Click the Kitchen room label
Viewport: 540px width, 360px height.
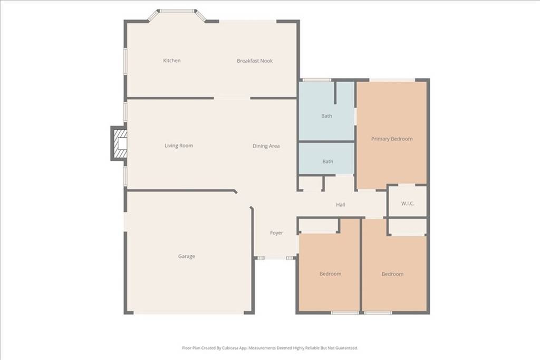[171, 61]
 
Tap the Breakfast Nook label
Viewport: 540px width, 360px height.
[255, 61]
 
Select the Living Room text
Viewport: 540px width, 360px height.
[179, 145]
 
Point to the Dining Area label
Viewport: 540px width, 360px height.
[266, 146]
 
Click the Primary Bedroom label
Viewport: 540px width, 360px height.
[392, 139]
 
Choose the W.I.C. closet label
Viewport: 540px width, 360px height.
[408, 203]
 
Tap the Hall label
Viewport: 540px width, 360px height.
[341, 205]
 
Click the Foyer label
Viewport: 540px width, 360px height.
[276, 233]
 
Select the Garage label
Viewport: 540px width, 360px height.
[186, 257]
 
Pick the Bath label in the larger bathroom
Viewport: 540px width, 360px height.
[327, 116]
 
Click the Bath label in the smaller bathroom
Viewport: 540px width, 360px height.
[327, 162]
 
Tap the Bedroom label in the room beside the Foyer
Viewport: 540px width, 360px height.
[330, 274]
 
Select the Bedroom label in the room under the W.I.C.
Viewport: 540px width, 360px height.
[392, 274]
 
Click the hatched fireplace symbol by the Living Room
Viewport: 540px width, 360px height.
[119, 143]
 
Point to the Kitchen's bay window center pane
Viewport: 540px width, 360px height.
[178, 11]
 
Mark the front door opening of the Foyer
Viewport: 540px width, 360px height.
[275, 258]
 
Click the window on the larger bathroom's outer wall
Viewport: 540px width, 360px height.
[316, 80]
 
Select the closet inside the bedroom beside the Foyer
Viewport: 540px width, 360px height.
[319, 226]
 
